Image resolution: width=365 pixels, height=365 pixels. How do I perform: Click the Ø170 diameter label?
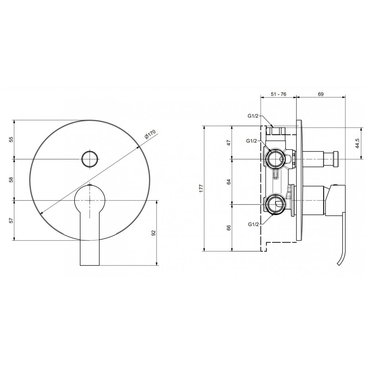click(150, 134)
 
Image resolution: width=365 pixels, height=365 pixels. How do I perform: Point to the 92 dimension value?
click(153, 233)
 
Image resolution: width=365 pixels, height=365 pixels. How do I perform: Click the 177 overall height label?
click(201, 188)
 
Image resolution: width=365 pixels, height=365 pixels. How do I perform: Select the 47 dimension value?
click(229, 142)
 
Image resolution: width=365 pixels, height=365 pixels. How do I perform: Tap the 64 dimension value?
click(229, 182)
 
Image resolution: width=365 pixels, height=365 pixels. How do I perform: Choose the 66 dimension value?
click(229, 228)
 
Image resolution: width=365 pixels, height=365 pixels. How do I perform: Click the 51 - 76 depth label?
click(278, 94)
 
